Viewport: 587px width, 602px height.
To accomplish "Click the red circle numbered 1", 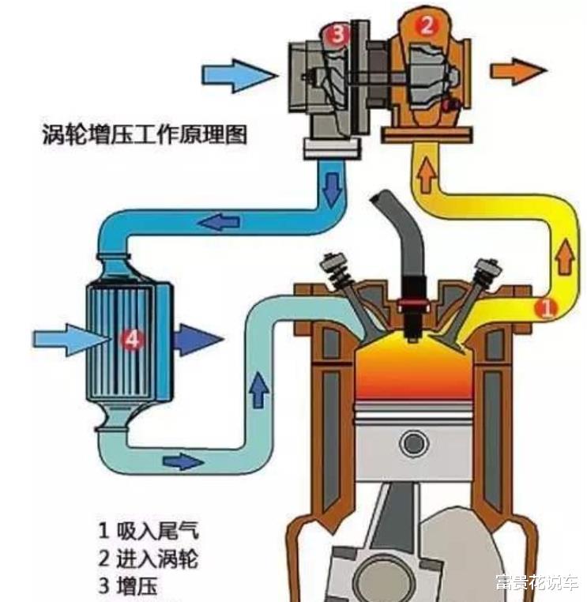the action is pyautogui.click(x=547, y=307).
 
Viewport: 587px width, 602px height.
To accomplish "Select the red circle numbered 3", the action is pyautogui.click(x=337, y=35).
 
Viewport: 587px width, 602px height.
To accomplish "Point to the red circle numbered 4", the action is pyautogui.click(x=132, y=339).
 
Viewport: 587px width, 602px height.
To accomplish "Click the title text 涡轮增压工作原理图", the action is pyautogui.click(x=145, y=134).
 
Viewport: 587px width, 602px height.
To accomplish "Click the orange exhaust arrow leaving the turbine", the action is pyautogui.click(x=518, y=71).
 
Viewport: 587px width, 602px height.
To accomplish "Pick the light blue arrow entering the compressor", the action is pyautogui.click(x=239, y=75).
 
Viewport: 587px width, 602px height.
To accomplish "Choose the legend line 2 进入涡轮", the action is pyautogui.click(x=149, y=559).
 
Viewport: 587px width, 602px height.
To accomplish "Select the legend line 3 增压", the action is pyautogui.click(x=128, y=586).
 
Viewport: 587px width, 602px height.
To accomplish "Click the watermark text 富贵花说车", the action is pyautogui.click(x=536, y=582).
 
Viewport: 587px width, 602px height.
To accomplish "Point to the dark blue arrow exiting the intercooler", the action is pyautogui.click(x=198, y=340).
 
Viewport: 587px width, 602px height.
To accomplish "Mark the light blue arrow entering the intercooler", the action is pyautogui.click(x=72, y=340).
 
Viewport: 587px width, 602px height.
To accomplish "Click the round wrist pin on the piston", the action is pyautogui.click(x=413, y=443).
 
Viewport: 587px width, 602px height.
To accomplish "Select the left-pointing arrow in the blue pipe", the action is pyautogui.click(x=220, y=221).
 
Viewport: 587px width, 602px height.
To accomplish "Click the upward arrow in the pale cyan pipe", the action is pyautogui.click(x=258, y=389).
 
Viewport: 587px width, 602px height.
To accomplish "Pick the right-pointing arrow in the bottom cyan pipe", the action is pyautogui.click(x=183, y=461).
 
